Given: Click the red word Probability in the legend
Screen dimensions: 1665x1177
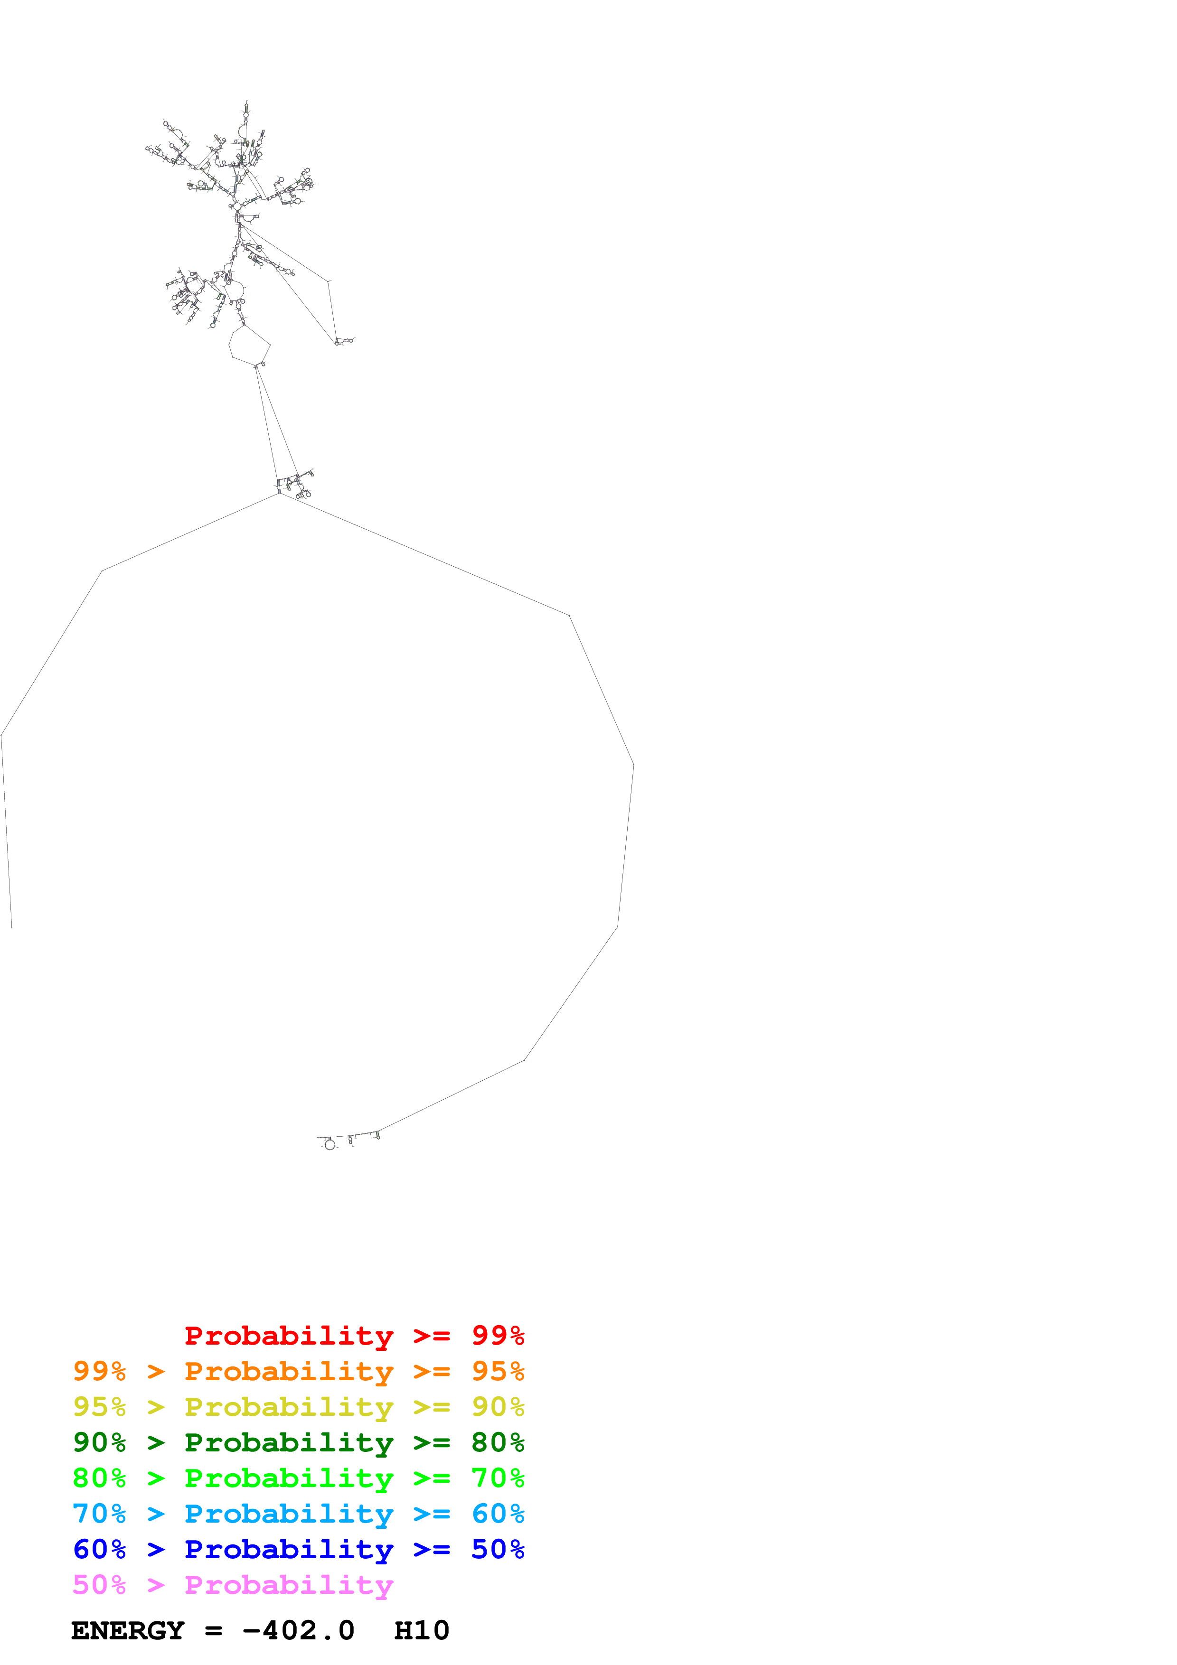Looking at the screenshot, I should coord(289,1336).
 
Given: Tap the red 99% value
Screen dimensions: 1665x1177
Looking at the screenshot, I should coord(498,1336).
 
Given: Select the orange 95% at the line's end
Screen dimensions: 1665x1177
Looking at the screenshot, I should coord(498,1371).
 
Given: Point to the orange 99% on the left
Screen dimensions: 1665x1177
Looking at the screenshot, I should coord(99,1371).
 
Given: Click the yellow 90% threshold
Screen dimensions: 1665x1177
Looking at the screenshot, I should coord(498,1407).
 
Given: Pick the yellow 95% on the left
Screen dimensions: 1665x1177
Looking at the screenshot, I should coord(99,1407).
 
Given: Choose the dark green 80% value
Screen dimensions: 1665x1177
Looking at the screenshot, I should coord(498,1442).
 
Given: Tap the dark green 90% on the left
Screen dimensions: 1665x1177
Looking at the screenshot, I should coord(99,1442).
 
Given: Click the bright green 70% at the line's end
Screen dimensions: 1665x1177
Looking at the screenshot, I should coord(498,1478).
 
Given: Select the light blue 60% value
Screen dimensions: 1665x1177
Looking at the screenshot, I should coord(498,1514).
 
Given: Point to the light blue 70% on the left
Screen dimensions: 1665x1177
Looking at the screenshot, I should coord(99,1514).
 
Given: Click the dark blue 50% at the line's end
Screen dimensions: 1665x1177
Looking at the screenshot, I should coord(498,1549).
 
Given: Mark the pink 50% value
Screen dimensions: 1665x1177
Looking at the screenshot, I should coord(99,1584).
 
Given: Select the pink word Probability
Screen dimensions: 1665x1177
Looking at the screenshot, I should coord(289,1584).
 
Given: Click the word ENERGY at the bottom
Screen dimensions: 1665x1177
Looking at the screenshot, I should coord(128,1631).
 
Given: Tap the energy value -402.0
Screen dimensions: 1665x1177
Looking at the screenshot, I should coord(298,1631).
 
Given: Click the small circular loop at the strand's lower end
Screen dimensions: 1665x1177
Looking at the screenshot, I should coord(330,1144).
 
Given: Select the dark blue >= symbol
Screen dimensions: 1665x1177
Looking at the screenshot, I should coord(432,1549).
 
